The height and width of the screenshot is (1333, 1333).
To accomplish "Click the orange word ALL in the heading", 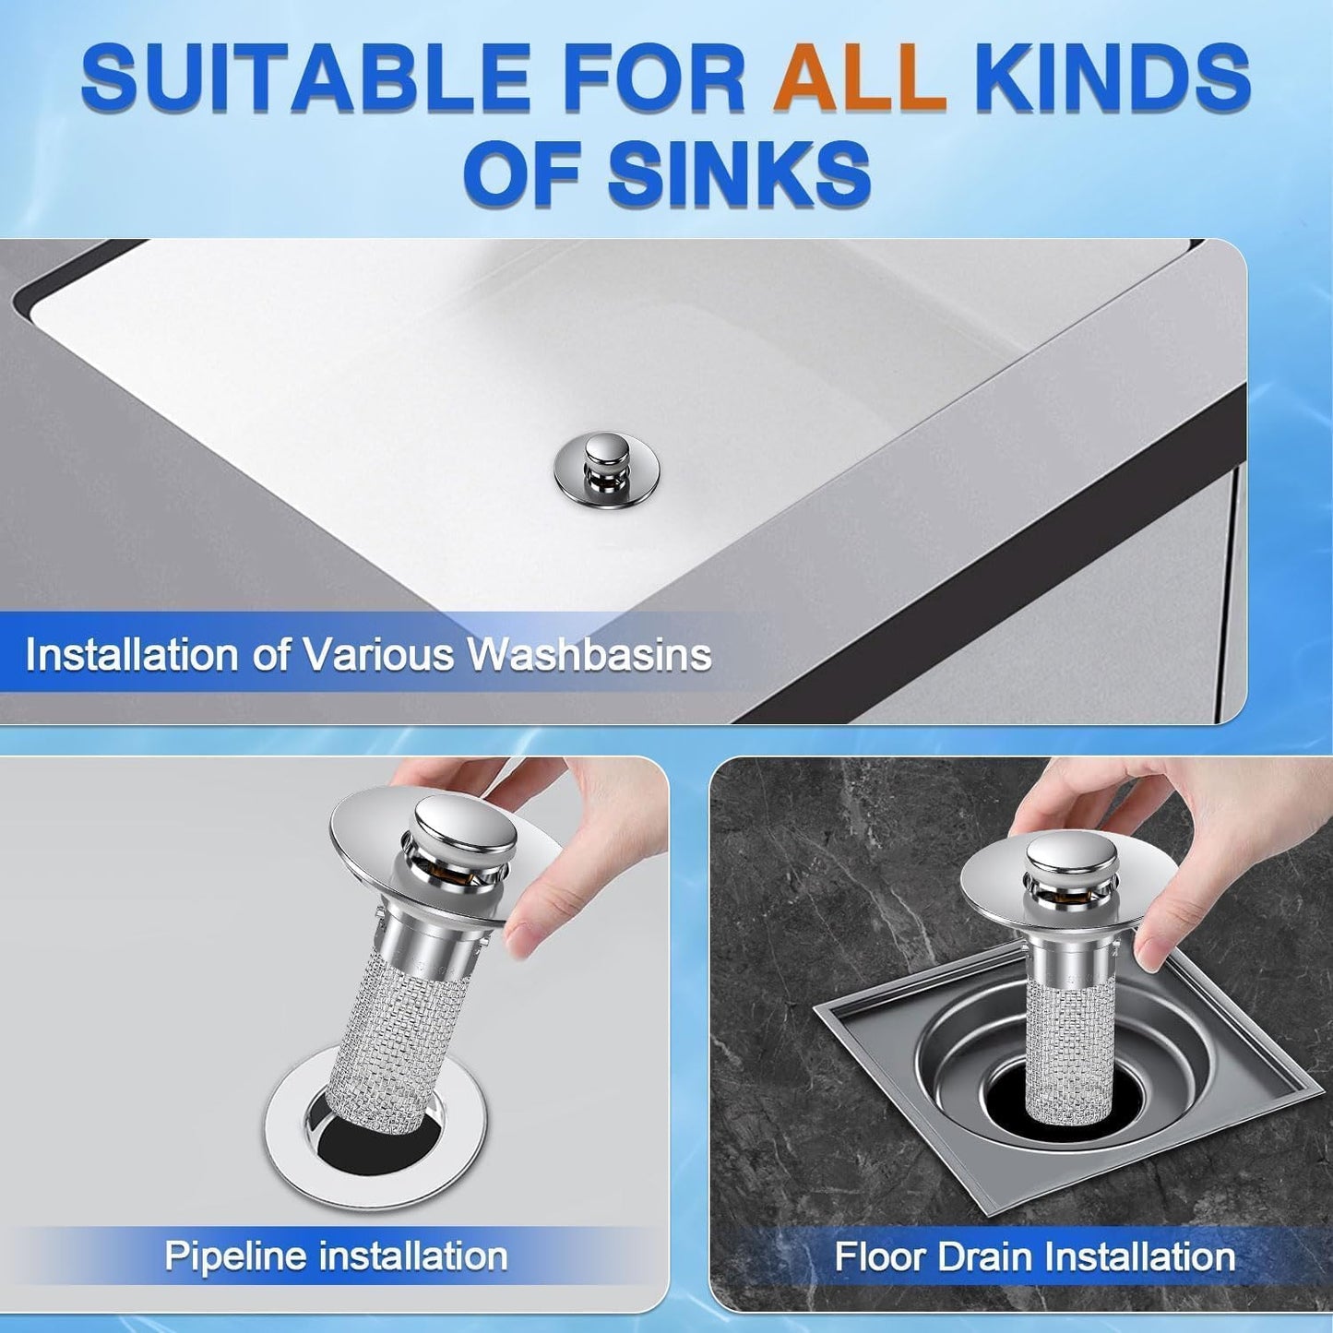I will click(x=860, y=79).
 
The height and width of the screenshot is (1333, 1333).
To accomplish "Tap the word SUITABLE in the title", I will click(x=304, y=79).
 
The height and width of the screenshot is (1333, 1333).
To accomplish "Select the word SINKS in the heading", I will click(x=739, y=174).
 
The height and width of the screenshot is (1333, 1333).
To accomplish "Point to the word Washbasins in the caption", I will click(x=589, y=655).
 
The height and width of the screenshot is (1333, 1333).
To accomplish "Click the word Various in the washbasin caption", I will click(x=380, y=655).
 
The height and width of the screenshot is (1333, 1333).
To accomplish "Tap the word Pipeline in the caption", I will click(x=234, y=1256).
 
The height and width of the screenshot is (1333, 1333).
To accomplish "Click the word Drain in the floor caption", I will click(x=979, y=1257).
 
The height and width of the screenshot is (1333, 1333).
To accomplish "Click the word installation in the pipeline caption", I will click(x=412, y=1256).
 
